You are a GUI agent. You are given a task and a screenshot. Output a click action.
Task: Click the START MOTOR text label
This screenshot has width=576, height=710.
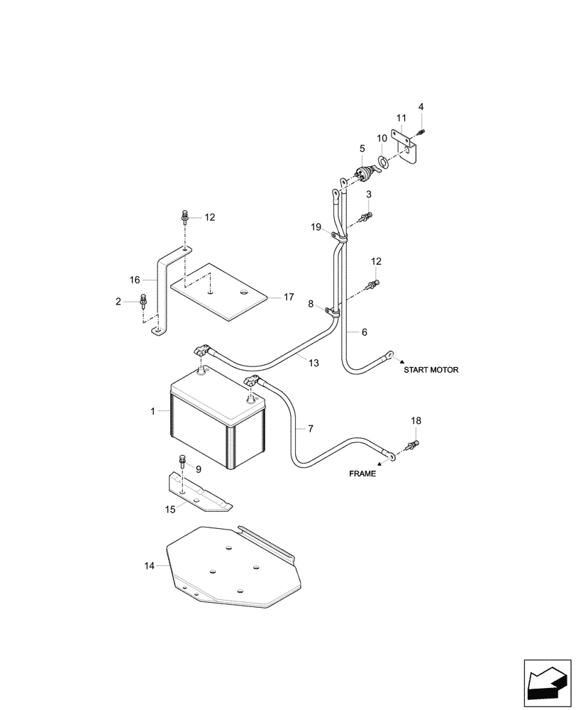pos(431,370)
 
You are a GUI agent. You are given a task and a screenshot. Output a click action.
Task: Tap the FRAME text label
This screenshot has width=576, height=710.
pos(362,474)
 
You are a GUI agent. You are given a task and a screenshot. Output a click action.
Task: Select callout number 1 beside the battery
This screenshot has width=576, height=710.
pos(153,411)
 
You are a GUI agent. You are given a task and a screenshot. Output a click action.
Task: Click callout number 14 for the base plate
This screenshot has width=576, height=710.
pos(148,565)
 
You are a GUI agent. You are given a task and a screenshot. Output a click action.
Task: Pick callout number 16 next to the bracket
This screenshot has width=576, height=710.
pos(135,280)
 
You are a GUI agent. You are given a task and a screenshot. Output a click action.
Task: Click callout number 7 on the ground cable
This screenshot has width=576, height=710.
pos(309,428)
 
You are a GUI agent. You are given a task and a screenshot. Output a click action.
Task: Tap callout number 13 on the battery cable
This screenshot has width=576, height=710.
pos(314,362)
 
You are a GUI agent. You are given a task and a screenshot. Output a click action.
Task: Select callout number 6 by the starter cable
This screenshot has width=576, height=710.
pos(365,332)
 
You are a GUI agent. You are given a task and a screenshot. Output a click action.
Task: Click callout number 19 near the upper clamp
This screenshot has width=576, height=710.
pos(316,227)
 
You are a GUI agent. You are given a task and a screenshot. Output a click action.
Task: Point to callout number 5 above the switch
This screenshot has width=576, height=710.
pos(362,148)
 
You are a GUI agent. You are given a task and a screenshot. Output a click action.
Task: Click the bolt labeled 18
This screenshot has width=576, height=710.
pos(411,445)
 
